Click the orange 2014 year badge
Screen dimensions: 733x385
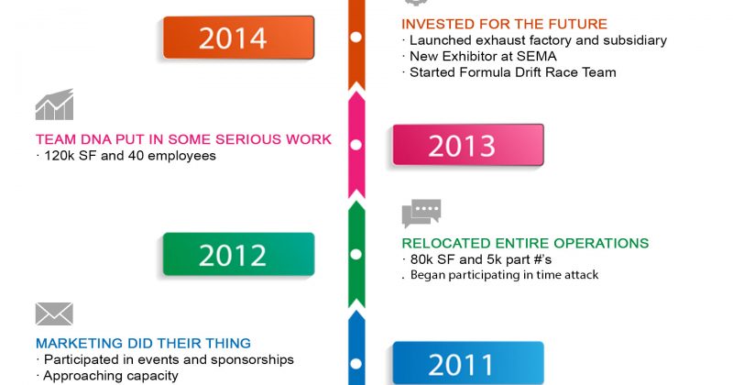coord(238,38)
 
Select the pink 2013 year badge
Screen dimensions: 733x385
coord(468,145)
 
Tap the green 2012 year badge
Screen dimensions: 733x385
coord(238,254)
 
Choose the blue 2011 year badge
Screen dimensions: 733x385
coord(468,364)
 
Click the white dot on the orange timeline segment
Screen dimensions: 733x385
coord(356,37)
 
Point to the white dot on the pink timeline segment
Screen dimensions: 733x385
coord(356,145)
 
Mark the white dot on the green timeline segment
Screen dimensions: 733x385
coord(356,255)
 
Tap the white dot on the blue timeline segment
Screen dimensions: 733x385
coord(356,364)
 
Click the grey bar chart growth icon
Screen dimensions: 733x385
coord(54,104)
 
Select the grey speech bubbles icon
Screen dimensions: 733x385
coord(421,214)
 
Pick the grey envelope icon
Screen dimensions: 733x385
coord(54,313)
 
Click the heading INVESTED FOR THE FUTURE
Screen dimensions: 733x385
coord(505,24)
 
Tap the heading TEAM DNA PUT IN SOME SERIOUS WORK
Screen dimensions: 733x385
coord(184,139)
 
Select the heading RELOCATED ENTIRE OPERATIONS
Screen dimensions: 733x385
coord(525,243)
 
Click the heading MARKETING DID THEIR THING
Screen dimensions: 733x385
coord(143,344)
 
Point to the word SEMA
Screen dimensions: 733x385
coord(537,57)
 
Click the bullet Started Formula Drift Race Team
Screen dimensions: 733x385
coord(509,72)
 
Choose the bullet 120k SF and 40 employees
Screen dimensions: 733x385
coord(126,156)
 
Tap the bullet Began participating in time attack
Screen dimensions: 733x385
coord(500,275)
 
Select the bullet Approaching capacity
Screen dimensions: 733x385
coord(107,376)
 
